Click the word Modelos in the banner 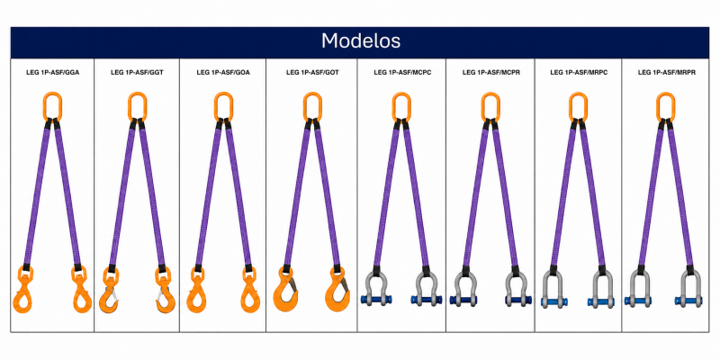pos(361,41)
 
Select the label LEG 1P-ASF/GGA pos(52,72)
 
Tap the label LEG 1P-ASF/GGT pos(137,72)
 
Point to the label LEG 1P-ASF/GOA pos(223,72)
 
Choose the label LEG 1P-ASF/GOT pos(312,72)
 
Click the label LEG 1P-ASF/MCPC pos(402,72)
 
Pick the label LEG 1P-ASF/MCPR pos(490,72)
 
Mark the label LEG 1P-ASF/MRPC pos(579,72)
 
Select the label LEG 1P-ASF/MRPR pos(666,72)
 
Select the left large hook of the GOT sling pos(285,292)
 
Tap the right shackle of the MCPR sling pos(518,287)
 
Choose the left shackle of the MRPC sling pos(553,288)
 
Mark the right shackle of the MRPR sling pos(688,288)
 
